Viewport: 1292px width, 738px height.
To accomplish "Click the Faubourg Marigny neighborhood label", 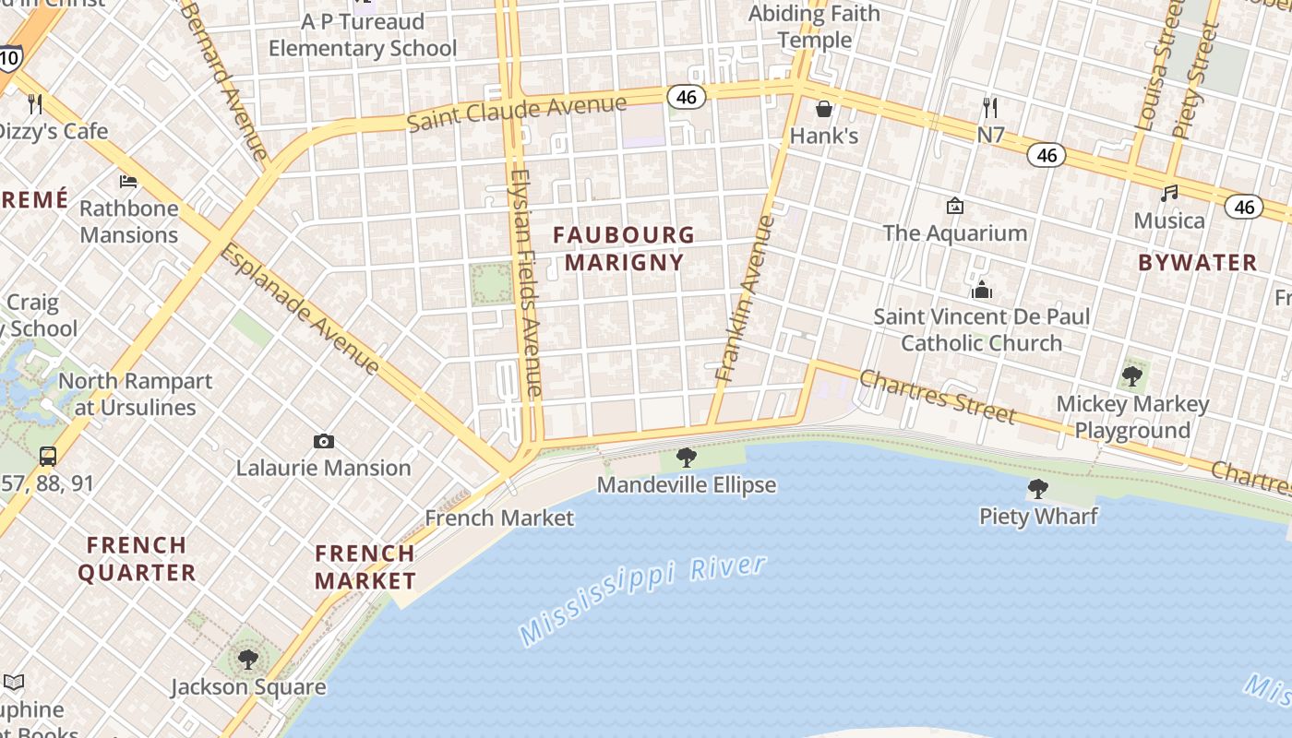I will pos(624,248).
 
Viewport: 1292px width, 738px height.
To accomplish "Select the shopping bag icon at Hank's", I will pos(824,109).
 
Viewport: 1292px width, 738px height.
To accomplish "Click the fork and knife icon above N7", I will pos(990,108).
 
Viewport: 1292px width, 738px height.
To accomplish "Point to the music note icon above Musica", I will pos(1169,194).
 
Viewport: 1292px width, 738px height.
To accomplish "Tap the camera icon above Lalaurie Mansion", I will pos(323,441).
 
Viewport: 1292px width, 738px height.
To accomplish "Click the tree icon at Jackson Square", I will pos(247,659).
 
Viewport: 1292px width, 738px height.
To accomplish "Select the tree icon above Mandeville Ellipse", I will pos(686,457).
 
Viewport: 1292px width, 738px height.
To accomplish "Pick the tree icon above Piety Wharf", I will pos(1038,488).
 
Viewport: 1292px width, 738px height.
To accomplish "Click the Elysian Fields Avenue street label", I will pos(525,283).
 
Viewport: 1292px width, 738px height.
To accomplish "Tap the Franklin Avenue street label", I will pos(744,298).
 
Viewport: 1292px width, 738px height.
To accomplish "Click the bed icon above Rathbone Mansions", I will pos(128,181).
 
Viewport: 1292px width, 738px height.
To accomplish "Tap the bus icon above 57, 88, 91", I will pos(47,456).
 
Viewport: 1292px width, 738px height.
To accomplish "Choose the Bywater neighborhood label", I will pos(1197,263).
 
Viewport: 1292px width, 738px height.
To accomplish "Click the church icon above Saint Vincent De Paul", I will pos(982,291).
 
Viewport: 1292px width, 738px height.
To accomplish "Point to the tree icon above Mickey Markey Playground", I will pos(1132,376).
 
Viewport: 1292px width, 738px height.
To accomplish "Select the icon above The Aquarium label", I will pos(955,205).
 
